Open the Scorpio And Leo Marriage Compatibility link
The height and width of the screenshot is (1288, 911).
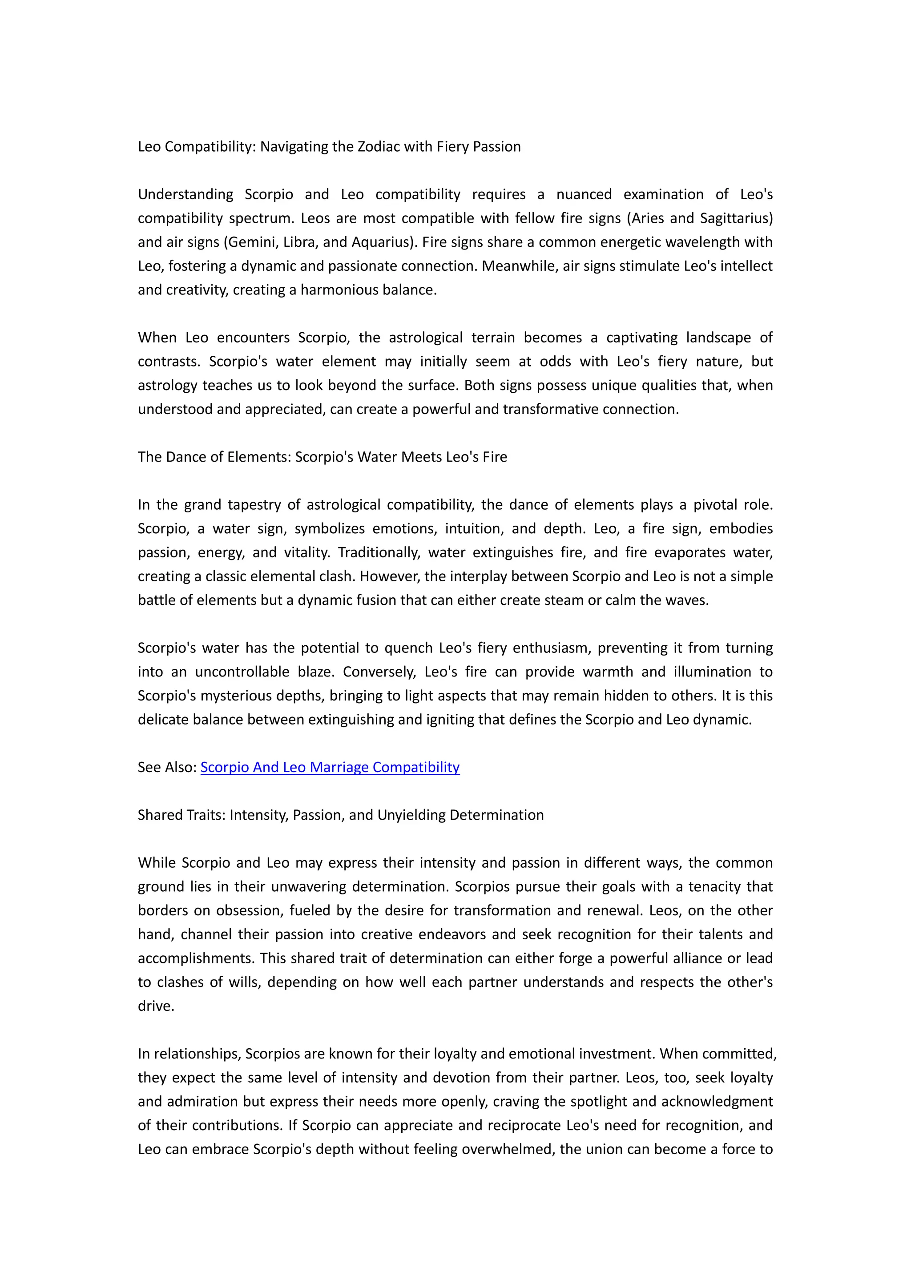(x=330, y=767)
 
